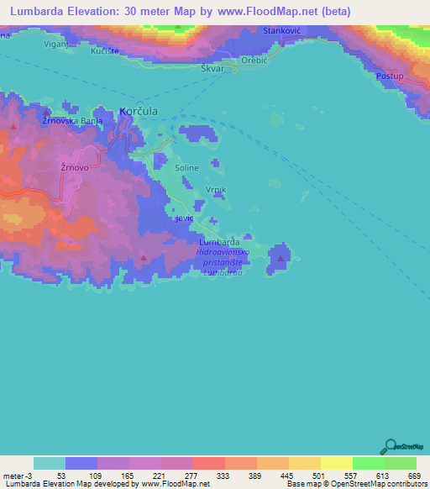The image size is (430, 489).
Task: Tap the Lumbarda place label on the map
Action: (x=222, y=242)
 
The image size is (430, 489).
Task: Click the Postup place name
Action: (x=391, y=76)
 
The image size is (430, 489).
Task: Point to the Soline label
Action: (x=186, y=168)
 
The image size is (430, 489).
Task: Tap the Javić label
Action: (x=183, y=218)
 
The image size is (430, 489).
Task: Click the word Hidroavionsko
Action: (x=223, y=251)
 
